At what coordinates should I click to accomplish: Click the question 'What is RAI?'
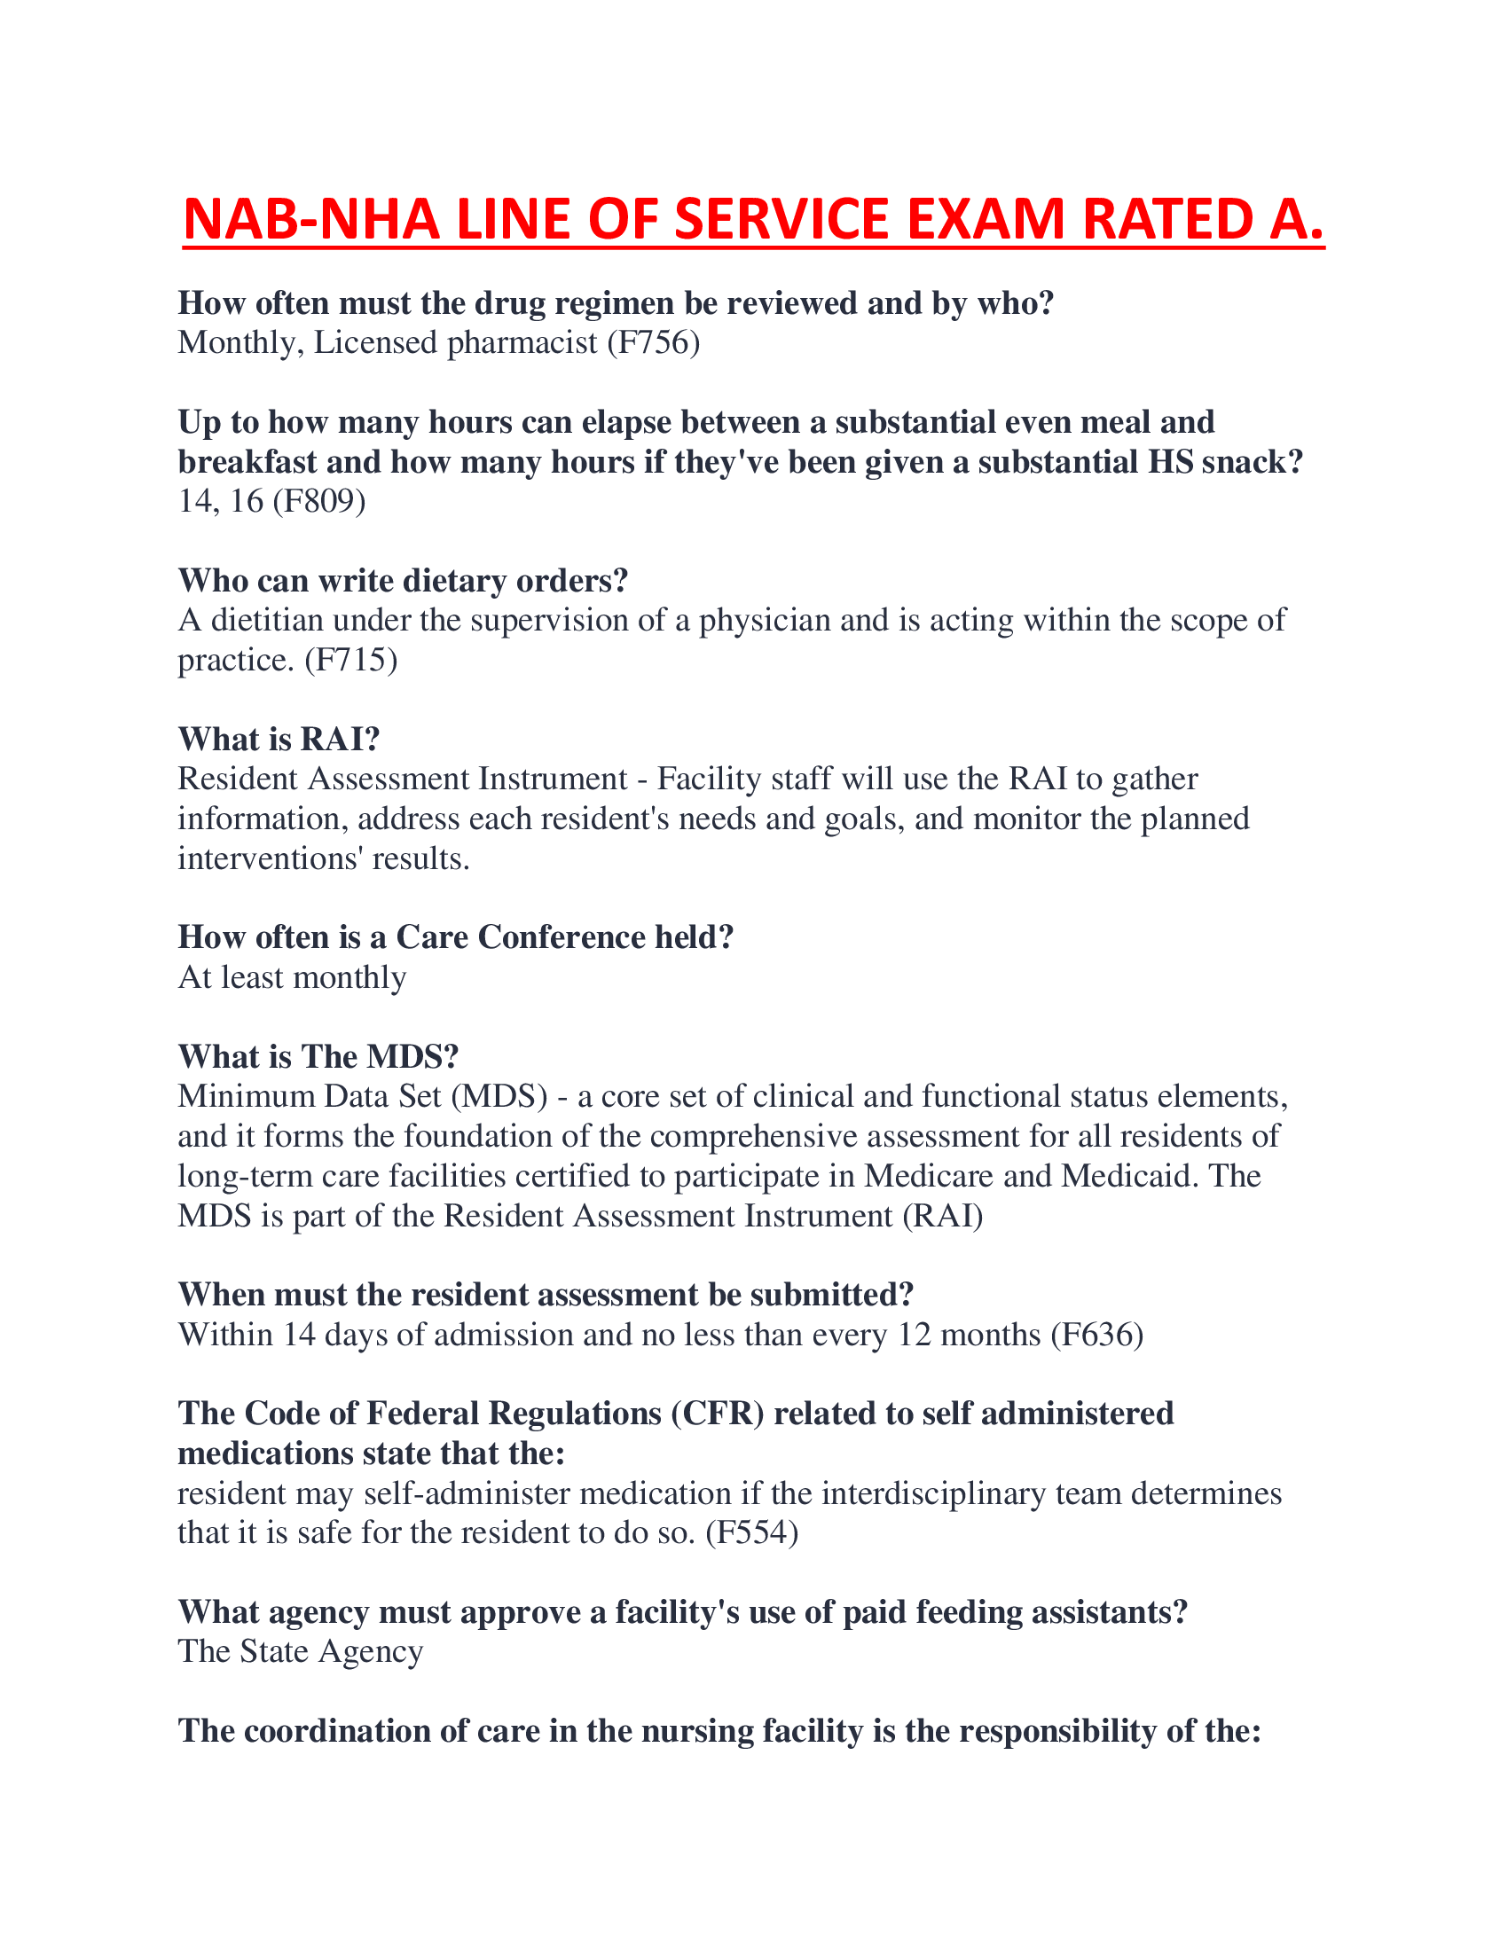tap(279, 739)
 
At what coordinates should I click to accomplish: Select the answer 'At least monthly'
tap(292, 977)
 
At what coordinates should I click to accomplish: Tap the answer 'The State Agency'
tap(300, 1651)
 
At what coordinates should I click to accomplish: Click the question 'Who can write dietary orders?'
tap(403, 581)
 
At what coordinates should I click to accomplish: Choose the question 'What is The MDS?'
tap(318, 1057)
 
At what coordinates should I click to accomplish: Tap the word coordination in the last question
tap(354, 1730)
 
